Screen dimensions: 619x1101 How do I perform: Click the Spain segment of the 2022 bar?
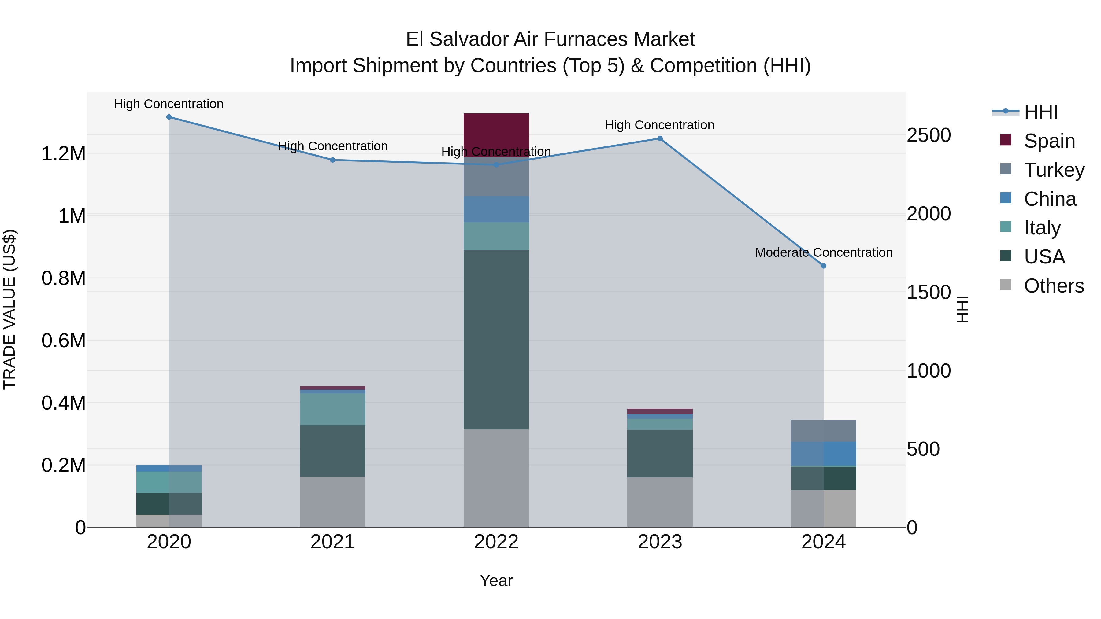click(x=496, y=135)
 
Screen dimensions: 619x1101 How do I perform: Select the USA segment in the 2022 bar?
click(x=496, y=340)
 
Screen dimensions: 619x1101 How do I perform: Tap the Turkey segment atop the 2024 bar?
click(x=823, y=431)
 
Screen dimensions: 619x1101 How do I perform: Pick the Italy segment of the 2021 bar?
click(x=332, y=409)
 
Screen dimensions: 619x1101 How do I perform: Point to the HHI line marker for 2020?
click(x=169, y=117)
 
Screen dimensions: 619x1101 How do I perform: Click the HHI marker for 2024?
click(x=824, y=266)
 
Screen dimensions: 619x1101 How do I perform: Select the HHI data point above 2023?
click(x=660, y=138)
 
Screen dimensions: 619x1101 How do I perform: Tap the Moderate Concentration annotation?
click(x=823, y=252)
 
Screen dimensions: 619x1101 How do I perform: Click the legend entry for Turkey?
click(x=1054, y=170)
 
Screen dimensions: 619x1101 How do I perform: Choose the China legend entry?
click(x=1050, y=199)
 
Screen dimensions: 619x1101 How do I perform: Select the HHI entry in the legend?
click(x=1041, y=112)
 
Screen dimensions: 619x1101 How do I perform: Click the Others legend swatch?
click(x=1006, y=285)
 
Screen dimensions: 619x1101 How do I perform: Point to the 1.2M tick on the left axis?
click(x=63, y=154)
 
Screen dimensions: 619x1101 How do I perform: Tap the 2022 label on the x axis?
click(x=496, y=542)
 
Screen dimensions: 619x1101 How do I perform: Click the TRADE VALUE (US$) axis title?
click(x=9, y=309)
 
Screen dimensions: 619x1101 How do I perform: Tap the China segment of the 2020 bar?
click(x=169, y=468)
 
